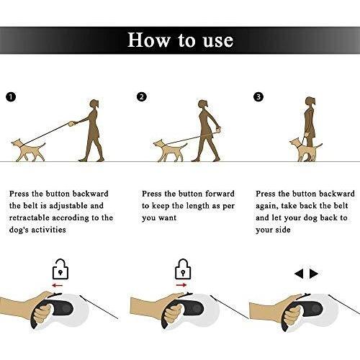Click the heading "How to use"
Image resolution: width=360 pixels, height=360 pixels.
pyautogui.click(x=180, y=40)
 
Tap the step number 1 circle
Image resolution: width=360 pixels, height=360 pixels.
pyautogui.click(x=11, y=97)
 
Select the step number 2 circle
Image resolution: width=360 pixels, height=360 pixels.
pyautogui.click(x=142, y=97)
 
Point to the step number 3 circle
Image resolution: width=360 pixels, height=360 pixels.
pyautogui.click(x=258, y=96)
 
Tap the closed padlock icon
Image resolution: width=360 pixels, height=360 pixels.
pyautogui.click(x=183, y=269)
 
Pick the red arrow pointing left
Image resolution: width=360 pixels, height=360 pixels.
pyautogui.click(x=58, y=285)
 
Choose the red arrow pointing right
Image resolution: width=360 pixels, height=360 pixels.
pyautogui.click(x=181, y=285)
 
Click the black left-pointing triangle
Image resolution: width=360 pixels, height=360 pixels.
pyautogui.click(x=299, y=274)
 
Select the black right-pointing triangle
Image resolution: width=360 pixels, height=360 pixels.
pyautogui.click(x=314, y=274)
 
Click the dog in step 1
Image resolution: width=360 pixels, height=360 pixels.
pyautogui.click(x=28, y=150)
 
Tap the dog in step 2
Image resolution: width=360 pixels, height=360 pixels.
pyautogui.click(x=170, y=151)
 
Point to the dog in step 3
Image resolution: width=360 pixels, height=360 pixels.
pyautogui.click(x=305, y=150)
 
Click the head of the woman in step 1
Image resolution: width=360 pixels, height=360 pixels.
pyautogui.click(x=94, y=104)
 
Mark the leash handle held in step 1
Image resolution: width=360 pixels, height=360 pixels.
pyautogui.click(x=71, y=124)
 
